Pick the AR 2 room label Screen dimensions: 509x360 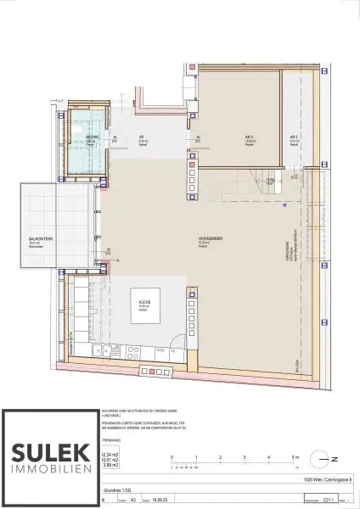pyautogui.click(x=293, y=137)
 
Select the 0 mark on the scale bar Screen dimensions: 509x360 pyautogui.click(x=172, y=456)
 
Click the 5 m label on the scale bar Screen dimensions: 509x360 pyautogui.click(x=293, y=456)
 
